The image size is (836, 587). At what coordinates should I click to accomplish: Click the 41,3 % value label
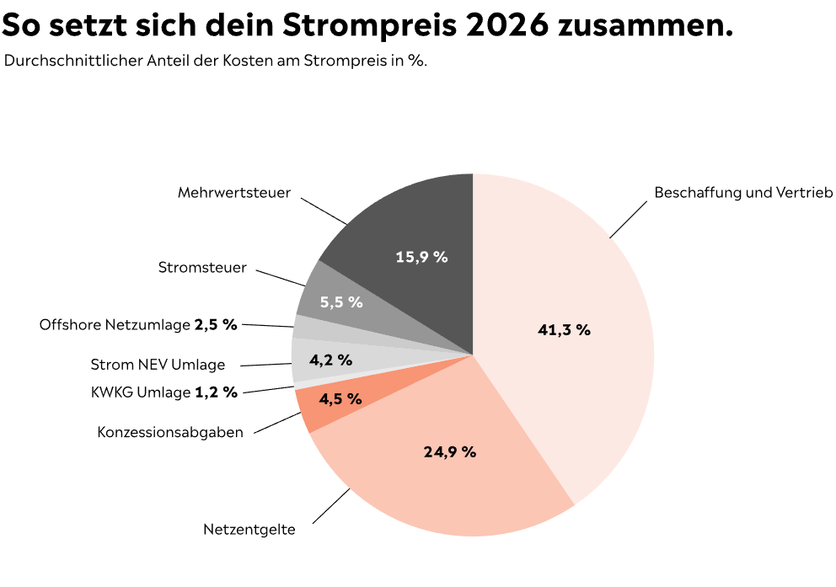(x=564, y=330)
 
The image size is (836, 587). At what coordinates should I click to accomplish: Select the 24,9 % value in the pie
(x=449, y=452)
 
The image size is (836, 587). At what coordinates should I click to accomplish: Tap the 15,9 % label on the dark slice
(x=421, y=257)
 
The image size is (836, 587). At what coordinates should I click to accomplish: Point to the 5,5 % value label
(x=341, y=302)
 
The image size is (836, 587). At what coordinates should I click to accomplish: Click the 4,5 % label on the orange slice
(x=340, y=399)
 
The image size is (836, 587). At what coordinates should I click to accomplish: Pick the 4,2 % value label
(x=330, y=360)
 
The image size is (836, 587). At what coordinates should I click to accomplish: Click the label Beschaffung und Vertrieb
(x=743, y=193)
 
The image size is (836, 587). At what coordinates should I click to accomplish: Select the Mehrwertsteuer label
(x=234, y=193)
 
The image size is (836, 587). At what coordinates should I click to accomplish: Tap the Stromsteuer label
(x=202, y=268)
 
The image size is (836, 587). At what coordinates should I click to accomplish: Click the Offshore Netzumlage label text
(x=115, y=324)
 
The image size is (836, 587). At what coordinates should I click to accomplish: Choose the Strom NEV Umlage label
(x=158, y=365)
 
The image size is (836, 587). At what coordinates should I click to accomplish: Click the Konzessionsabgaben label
(x=170, y=432)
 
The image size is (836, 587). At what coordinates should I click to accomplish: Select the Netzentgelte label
(x=249, y=530)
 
